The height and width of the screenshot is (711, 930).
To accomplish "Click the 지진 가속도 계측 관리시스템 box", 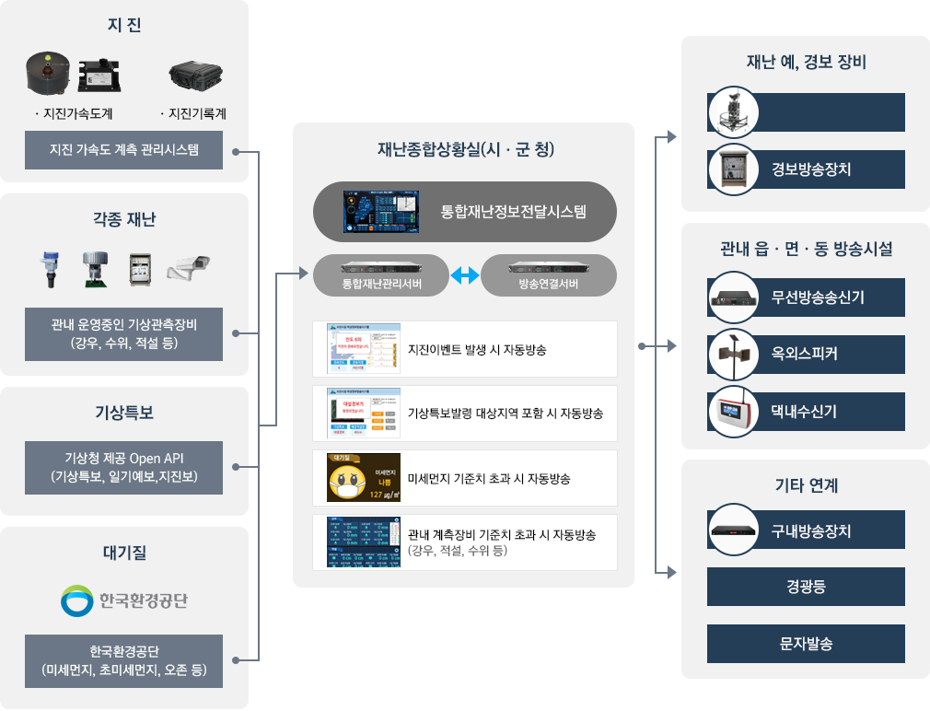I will click(123, 149).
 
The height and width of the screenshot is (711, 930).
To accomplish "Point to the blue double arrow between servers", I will click(465, 274).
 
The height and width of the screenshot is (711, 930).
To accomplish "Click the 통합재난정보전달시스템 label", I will click(513, 212).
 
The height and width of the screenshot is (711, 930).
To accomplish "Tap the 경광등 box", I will click(806, 587).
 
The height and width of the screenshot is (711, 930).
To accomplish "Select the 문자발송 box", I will click(806, 644).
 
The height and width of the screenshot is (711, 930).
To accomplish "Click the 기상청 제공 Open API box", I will click(123, 467).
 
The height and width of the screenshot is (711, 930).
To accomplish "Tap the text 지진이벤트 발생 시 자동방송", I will click(477, 350).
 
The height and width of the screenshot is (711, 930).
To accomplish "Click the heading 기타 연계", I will click(806, 485).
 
